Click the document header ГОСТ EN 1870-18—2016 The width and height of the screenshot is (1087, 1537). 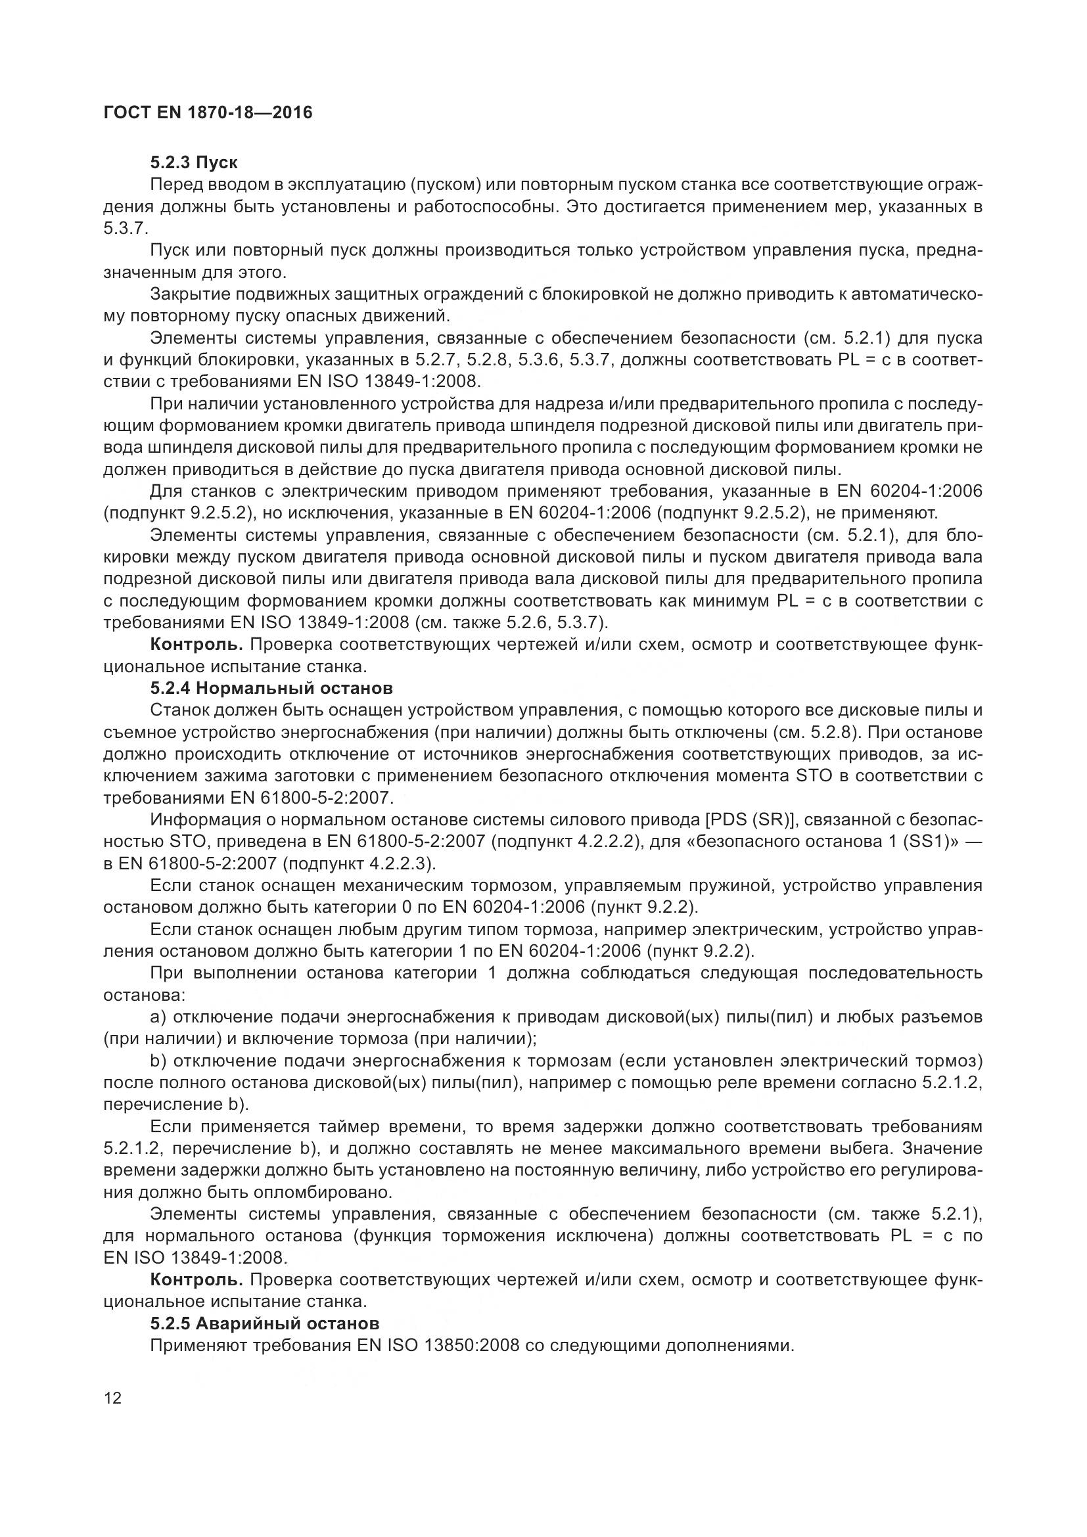click(x=208, y=112)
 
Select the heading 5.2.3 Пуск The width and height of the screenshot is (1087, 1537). click(x=194, y=163)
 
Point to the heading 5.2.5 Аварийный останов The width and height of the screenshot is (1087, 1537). click(x=264, y=1323)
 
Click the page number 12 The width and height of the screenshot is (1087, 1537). click(x=113, y=1398)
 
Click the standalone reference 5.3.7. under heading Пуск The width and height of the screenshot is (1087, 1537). click(x=125, y=228)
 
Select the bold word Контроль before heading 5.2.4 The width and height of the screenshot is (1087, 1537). click(x=196, y=645)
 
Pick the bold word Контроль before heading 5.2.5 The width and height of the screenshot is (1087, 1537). click(x=196, y=1280)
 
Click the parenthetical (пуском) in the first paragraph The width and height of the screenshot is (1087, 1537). click(x=442, y=185)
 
